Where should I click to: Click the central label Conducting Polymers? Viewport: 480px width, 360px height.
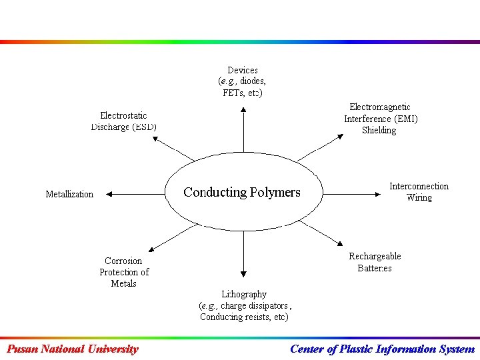tap(242, 193)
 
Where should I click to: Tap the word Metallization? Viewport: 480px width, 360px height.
tap(69, 194)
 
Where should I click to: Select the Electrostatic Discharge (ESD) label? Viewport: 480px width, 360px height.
tap(124, 121)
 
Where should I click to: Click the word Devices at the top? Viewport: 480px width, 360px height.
tap(243, 70)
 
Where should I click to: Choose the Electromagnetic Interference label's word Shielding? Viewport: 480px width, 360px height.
tap(379, 131)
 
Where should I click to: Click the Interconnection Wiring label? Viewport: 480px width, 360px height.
tap(419, 192)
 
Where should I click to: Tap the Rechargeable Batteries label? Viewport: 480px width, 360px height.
tap(375, 262)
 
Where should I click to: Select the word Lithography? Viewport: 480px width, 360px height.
tap(244, 294)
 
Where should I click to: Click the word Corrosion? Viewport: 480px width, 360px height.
tap(123, 261)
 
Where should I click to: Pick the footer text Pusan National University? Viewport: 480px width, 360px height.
tap(72, 349)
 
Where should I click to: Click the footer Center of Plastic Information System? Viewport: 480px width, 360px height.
tap(382, 349)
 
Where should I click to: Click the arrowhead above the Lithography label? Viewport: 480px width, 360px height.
tap(243, 273)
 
